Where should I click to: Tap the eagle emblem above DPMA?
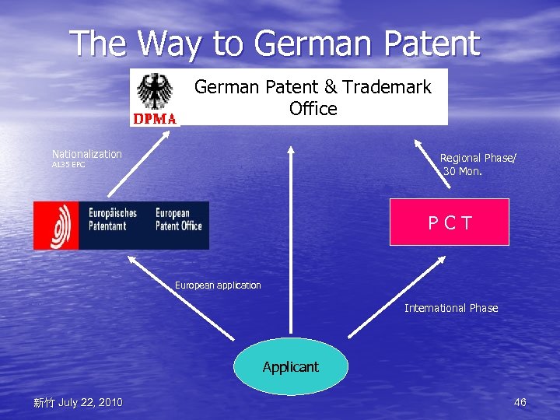[155, 92]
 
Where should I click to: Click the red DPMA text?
[155, 119]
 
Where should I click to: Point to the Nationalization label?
[87, 154]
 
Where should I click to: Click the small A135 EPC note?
[68, 165]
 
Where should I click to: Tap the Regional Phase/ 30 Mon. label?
[477, 164]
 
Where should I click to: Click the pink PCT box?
[449, 222]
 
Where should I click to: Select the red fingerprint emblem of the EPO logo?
[56, 226]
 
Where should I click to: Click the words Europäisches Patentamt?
[113, 219]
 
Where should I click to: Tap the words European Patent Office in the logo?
[178, 219]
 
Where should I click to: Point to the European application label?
[218, 285]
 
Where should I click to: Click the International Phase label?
[451, 309]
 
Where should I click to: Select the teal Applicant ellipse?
[290, 366]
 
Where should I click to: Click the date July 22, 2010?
[89, 402]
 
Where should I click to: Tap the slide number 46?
[520, 402]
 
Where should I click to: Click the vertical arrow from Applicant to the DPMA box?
[291, 233]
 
